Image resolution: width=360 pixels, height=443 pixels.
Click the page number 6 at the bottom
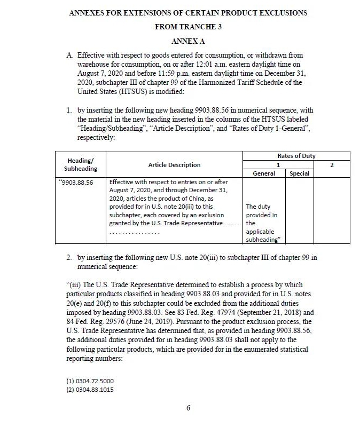(x=188, y=408)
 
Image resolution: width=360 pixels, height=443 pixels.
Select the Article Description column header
(x=174, y=165)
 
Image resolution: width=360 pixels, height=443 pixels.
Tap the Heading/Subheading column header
(x=81, y=164)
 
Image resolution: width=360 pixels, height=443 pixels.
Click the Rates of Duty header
(x=296, y=156)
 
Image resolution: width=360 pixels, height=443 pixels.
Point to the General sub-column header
(x=263, y=173)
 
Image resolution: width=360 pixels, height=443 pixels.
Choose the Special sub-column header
(x=299, y=173)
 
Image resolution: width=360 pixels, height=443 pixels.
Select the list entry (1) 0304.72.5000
(x=90, y=381)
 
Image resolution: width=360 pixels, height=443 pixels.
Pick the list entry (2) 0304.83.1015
(x=90, y=390)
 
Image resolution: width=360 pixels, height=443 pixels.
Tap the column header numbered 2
(x=332, y=165)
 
